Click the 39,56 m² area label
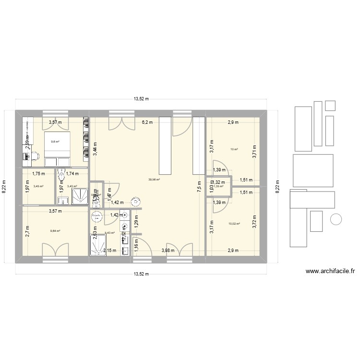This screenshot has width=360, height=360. [154, 180]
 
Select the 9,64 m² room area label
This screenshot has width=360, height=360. [56, 231]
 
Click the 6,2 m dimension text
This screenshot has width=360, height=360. [147, 122]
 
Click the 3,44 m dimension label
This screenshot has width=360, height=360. [96, 146]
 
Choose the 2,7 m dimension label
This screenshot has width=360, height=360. [28, 232]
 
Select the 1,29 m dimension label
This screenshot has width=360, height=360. [136, 222]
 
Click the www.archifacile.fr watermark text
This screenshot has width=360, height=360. [330, 272]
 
